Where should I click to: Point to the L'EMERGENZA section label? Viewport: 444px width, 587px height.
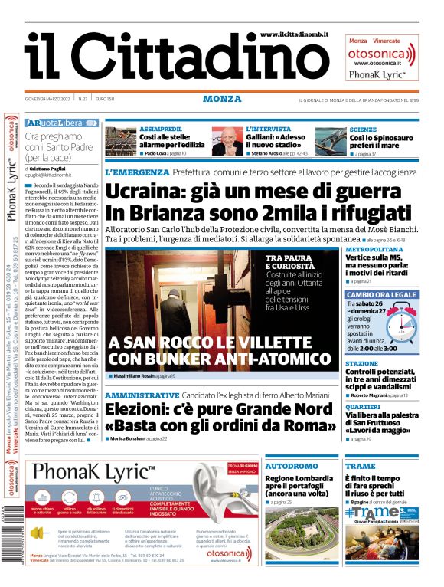[x=136, y=173]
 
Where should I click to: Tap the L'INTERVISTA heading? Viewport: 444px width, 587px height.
[x=268, y=130]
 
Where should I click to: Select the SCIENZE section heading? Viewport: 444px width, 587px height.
[x=362, y=130]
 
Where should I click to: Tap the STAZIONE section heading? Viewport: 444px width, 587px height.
[x=361, y=363]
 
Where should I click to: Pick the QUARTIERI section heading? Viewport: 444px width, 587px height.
[x=363, y=407]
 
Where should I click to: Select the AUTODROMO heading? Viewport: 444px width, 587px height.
[x=291, y=466]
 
